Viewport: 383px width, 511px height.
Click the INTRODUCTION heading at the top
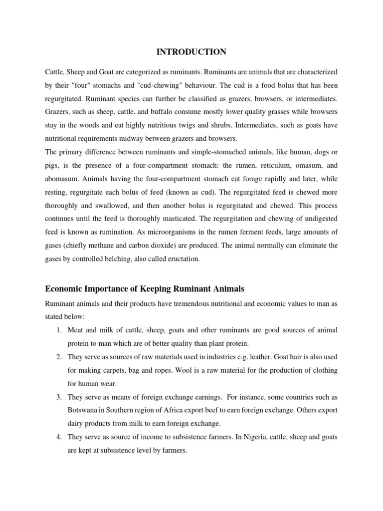coord(191,52)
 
